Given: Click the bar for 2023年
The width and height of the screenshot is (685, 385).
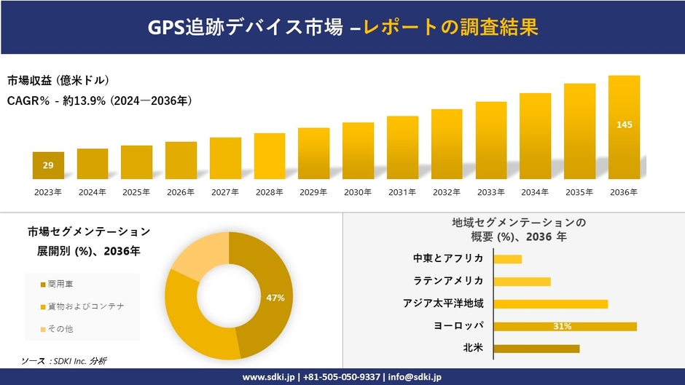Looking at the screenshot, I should pyautogui.click(x=48, y=165).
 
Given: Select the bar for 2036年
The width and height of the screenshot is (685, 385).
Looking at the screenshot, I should pyautogui.click(x=624, y=127).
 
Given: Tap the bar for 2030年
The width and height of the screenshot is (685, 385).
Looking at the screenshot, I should pyautogui.click(x=358, y=151).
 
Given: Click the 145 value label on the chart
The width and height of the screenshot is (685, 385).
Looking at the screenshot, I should pyautogui.click(x=624, y=125).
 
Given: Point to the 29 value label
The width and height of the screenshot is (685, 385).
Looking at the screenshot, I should pyautogui.click(x=48, y=166).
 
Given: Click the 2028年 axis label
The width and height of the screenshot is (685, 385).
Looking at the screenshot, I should pyautogui.click(x=269, y=192).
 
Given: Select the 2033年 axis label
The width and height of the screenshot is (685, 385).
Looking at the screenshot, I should pyautogui.click(x=490, y=192).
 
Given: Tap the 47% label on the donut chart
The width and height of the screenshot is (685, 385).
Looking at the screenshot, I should pyautogui.click(x=275, y=298).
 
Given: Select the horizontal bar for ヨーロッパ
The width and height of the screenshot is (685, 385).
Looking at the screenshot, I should pyautogui.click(x=565, y=326).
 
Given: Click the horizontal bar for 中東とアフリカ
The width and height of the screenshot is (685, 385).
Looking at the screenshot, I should pyautogui.click(x=507, y=259).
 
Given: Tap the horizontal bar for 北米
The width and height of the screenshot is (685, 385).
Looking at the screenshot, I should pyautogui.click(x=536, y=349).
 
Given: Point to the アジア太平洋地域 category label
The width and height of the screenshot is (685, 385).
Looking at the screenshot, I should pyautogui.click(x=443, y=303).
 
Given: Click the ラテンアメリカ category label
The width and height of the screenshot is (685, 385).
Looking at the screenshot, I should pyautogui.click(x=448, y=281).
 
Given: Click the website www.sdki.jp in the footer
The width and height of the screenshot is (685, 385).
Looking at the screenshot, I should pyautogui.click(x=267, y=377).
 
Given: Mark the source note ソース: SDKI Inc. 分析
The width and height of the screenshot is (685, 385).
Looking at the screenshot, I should pyautogui.click(x=64, y=361).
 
